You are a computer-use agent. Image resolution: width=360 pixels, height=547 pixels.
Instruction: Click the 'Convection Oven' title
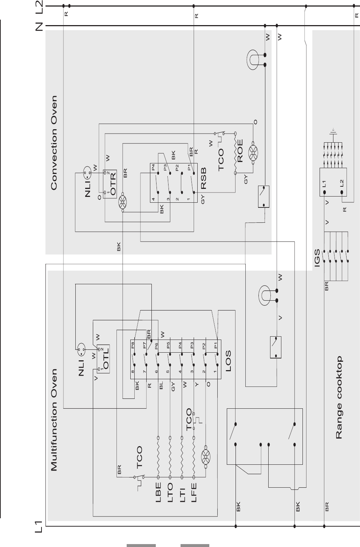[x=54, y=143]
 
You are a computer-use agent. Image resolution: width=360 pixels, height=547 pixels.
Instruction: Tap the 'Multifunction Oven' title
[x=54, y=420]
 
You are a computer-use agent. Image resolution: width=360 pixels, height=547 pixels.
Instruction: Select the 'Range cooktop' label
[x=339, y=397]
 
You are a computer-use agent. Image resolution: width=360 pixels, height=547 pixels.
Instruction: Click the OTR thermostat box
[x=110, y=184]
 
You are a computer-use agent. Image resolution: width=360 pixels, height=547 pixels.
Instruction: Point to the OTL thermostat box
[x=103, y=359]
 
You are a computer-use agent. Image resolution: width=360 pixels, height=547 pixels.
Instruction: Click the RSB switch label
[x=203, y=178]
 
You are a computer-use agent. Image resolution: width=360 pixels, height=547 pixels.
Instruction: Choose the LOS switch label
[x=228, y=361]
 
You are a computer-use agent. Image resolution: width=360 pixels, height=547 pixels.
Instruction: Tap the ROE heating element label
[x=240, y=151]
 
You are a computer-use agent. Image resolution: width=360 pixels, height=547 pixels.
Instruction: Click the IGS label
[x=317, y=258]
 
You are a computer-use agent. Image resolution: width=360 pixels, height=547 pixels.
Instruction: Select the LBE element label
[x=158, y=492]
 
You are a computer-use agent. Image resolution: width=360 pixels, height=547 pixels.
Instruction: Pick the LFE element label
[x=194, y=492]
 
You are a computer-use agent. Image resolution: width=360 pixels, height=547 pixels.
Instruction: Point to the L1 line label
[x=39, y=527]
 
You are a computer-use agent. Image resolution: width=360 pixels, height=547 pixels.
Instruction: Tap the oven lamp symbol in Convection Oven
[x=253, y=60]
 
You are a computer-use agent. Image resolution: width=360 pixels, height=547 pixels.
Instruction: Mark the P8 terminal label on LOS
[x=133, y=345]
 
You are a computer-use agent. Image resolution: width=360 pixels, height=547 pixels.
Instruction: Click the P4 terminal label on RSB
[x=153, y=167]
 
